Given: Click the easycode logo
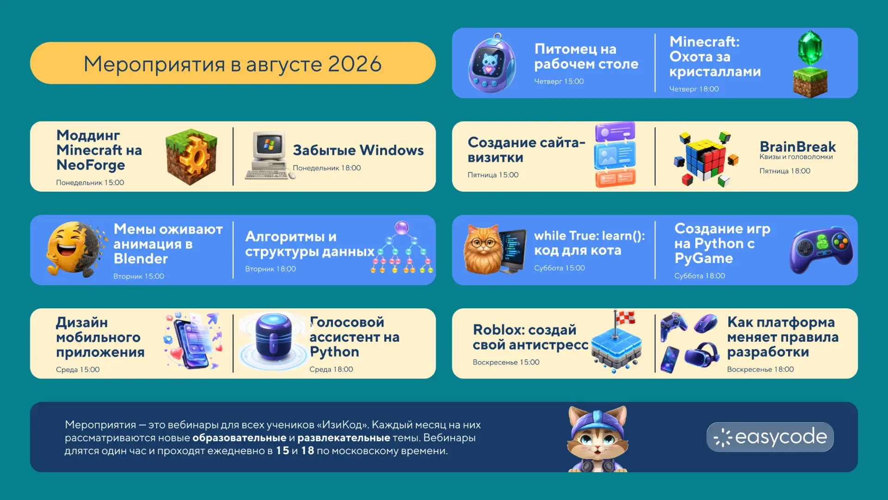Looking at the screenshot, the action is click(770, 437).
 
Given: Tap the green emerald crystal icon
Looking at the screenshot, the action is click(810, 48).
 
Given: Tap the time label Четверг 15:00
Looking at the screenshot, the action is click(559, 81).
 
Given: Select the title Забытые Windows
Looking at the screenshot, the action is click(358, 150).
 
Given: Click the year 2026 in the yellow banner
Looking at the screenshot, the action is click(355, 64).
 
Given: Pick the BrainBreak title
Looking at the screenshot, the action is click(797, 146).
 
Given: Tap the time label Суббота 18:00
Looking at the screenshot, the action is click(699, 276).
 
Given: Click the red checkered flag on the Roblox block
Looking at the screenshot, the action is click(625, 318).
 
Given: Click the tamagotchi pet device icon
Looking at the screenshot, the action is click(492, 63).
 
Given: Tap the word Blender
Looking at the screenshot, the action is click(141, 258).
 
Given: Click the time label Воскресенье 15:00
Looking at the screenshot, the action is click(506, 362).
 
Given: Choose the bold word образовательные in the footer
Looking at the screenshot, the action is click(239, 438).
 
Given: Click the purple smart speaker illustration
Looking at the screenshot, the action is click(273, 337).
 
